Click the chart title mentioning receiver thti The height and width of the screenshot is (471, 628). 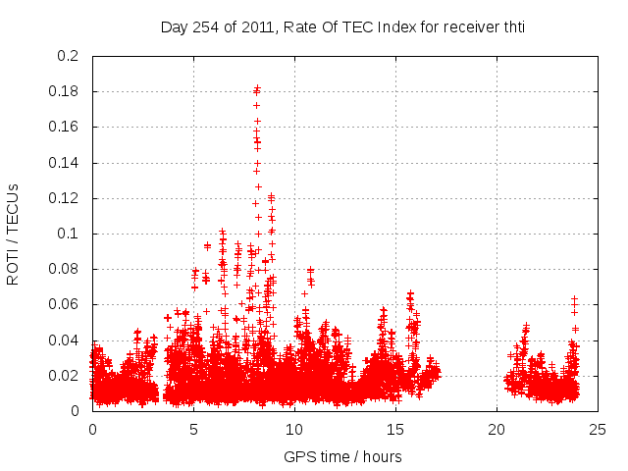point(342,26)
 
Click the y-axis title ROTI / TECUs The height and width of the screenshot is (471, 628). point(13,234)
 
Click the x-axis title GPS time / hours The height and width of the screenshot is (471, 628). point(342,456)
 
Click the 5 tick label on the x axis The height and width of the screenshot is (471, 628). point(193,429)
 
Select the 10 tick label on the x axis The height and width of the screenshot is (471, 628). point(294,429)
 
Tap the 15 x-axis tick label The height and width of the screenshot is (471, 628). point(395,429)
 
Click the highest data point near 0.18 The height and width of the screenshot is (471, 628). point(257,88)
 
